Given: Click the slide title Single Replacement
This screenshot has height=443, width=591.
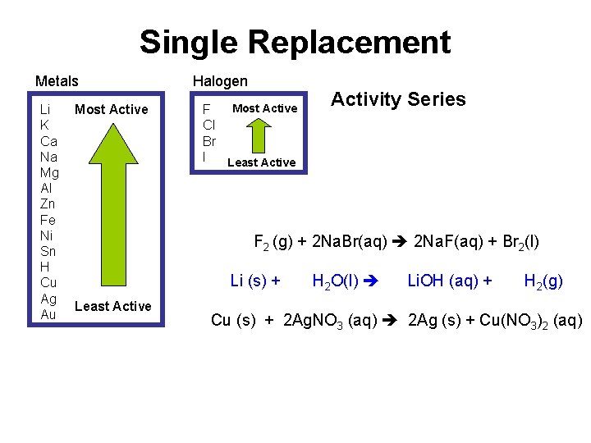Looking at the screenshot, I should (295, 42).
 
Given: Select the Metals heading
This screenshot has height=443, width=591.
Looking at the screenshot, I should (57, 81).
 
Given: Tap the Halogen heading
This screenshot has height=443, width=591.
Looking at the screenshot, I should (219, 80).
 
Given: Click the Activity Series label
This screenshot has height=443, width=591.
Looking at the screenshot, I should (397, 99).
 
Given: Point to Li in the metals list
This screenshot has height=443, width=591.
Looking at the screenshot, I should (45, 109).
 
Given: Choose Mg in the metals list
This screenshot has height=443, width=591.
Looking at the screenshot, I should (48, 172).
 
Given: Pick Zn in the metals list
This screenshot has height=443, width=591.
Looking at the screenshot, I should (47, 203).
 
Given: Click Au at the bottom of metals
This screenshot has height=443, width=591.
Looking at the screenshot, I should (48, 313).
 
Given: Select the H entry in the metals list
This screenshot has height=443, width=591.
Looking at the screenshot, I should (44, 267).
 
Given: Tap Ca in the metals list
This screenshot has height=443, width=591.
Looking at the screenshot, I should (48, 140).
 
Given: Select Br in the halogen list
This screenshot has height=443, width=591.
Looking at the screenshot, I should (209, 140).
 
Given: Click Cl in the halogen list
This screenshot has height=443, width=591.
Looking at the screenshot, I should (208, 125).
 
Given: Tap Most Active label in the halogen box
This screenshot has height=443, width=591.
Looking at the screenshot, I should (264, 108).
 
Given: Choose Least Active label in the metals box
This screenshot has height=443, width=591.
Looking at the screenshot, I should (112, 306).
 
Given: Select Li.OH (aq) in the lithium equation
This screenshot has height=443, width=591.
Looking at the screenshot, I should (450, 281).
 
